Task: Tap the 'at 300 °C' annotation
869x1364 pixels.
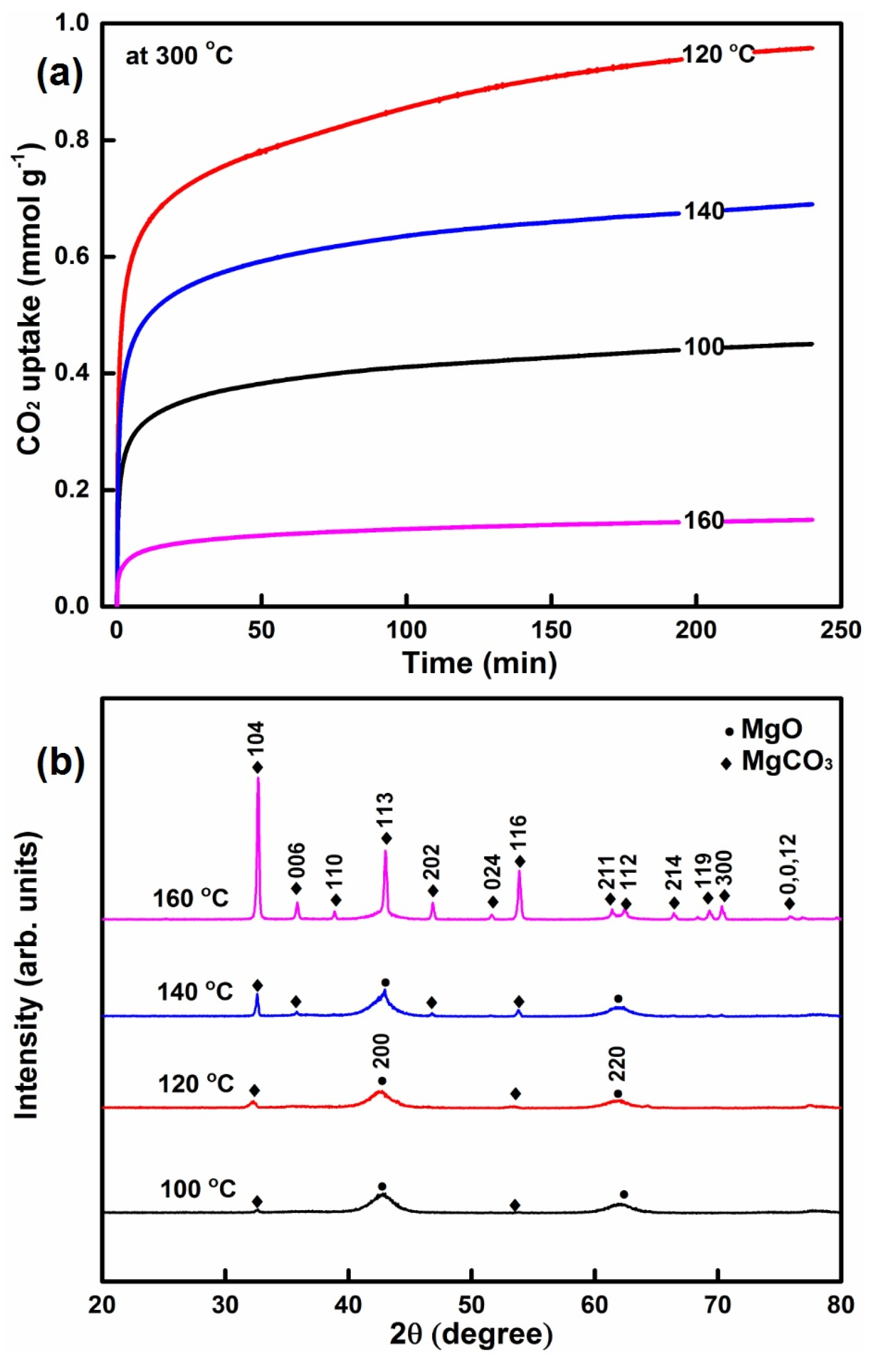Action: click(x=179, y=56)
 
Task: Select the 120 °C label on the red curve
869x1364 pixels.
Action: click(x=718, y=55)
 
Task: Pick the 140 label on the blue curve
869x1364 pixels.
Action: click(x=704, y=211)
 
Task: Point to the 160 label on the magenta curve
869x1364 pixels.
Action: click(x=703, y=520)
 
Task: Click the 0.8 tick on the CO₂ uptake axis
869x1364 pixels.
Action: click(x=73, y=140)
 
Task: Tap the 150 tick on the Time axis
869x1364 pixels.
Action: click(x=551, y=630)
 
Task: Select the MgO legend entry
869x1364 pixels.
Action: click(x=764, y=729)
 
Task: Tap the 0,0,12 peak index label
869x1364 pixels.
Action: click(x=789, y=865)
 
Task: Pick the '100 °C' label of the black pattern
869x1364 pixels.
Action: click(x=198, y=1190)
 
